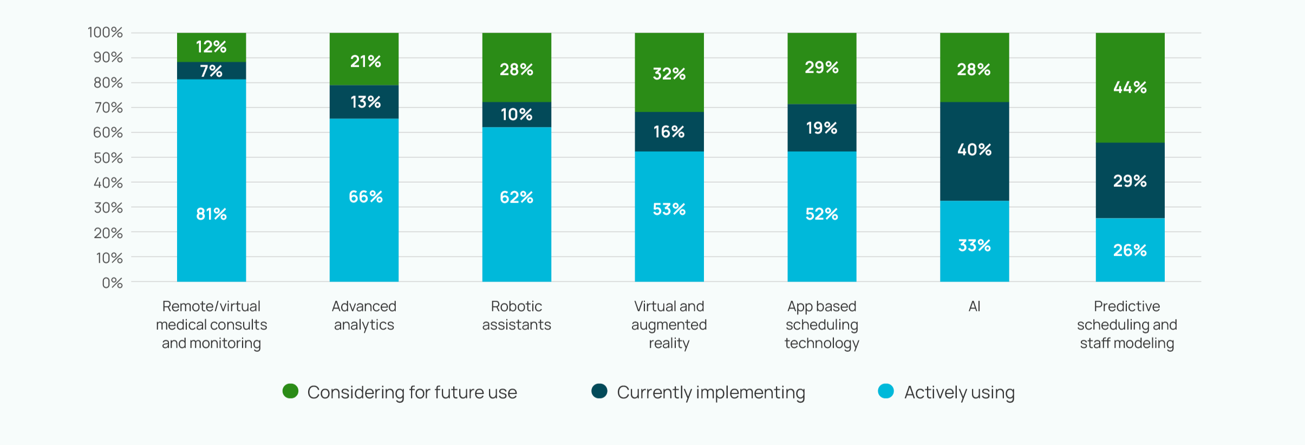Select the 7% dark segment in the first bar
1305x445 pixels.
pyautogui.click(x=211, y=71)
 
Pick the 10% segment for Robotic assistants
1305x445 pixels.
pyautogui.click(x=517, y=115)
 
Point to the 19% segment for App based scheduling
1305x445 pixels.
pyautogui.click(x=821, y=128)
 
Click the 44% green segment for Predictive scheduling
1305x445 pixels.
pyautogui.click(x=1130, y=88)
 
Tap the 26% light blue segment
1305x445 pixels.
pyautogui.click(x=1130, y=250)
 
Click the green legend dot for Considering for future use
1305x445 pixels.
pyautogui.click(x=290, y=391)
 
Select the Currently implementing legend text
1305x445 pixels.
pyautogui.click(x=710, y=392)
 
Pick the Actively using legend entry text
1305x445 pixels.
pyautogui.click(x=959, y=392)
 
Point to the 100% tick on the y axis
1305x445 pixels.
pyautogui.click(x=106, y=32)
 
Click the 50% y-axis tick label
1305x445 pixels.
pyautogui.click(x=108, y=158)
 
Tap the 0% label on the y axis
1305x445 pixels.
pyautogui.click(x=112, y=283)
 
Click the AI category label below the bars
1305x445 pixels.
pyautogui.click(x=974, y=306)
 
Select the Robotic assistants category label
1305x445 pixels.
pyautogui.click(x=517, y=316)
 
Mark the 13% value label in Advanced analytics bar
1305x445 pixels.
pyautogui.click(x=366, y=102)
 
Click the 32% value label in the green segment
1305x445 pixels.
pyautogui.click(x=669, y=74)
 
